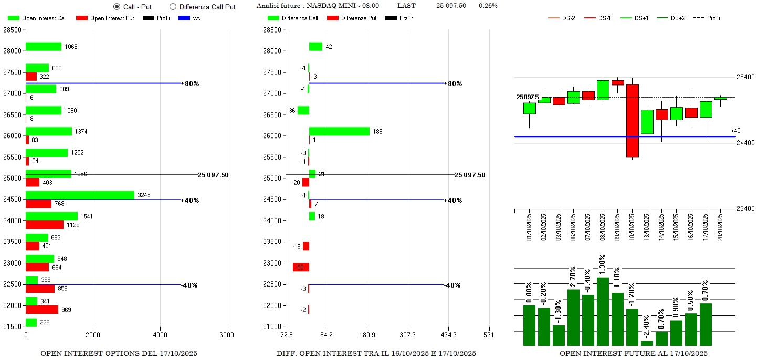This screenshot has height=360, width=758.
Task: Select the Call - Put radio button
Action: click(117, 7)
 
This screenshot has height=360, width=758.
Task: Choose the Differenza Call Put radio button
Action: click(173, 7)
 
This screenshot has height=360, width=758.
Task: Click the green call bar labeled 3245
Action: click(80, 195)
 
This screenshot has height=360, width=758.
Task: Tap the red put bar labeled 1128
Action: click(45, 225)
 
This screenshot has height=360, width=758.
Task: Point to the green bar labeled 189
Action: click(339, 131)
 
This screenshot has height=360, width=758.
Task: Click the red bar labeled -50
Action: click(301, 267)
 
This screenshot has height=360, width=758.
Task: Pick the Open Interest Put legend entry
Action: click(106, 18)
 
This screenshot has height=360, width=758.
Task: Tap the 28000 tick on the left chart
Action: click(12, 51)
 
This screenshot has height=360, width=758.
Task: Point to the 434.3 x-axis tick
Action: click(448, 335)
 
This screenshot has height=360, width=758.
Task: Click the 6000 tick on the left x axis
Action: click(227, 335)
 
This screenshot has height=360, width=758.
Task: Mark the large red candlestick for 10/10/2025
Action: click(633, 121)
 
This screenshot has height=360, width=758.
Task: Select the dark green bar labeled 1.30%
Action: click(603, 311)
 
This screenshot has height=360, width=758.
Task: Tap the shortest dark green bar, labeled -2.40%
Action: click(647, 343)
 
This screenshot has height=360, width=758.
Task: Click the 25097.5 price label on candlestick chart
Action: click(527, 97)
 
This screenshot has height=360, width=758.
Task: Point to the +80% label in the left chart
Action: click(191, 83)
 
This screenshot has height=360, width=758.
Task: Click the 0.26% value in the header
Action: click(488, 6)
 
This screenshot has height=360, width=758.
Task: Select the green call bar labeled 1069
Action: click(44, 47)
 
